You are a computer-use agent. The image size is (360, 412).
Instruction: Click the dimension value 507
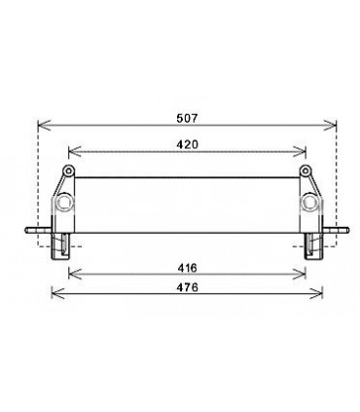189,114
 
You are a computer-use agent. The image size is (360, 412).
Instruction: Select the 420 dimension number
188,143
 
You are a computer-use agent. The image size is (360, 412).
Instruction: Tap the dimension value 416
188,266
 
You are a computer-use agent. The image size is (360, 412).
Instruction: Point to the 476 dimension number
188,286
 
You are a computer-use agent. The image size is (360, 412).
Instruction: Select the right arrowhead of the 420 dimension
307,152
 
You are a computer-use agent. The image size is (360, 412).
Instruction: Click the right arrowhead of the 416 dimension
309,275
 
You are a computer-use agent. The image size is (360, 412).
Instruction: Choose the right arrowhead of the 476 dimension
323,295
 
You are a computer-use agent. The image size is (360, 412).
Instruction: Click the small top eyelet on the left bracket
68,172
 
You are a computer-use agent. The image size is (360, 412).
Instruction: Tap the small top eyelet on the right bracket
311,172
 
